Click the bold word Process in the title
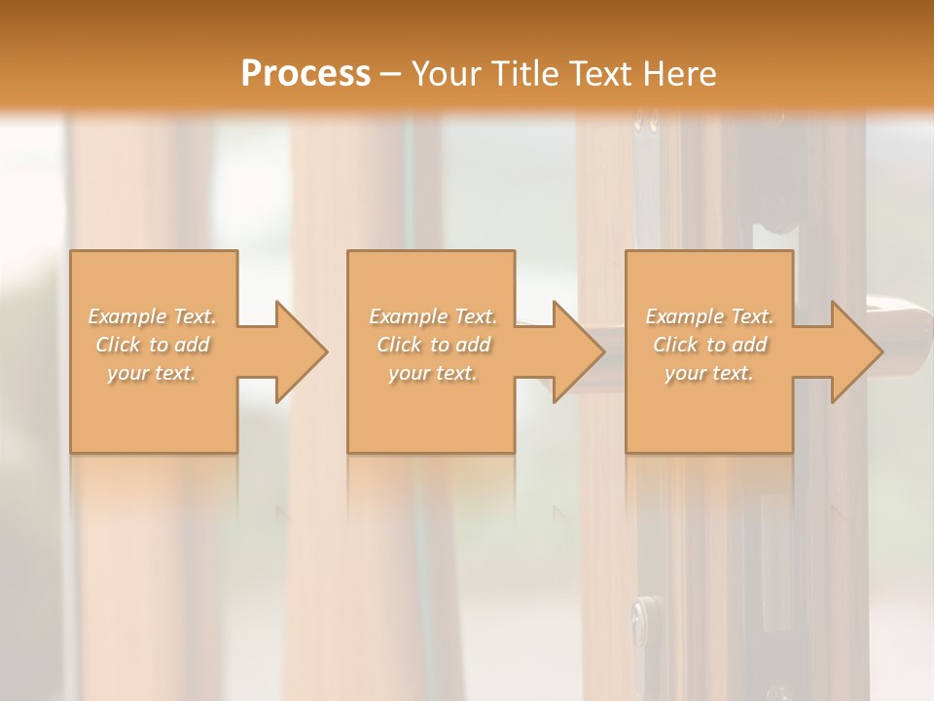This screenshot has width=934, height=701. point(305,73)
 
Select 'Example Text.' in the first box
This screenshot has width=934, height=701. point(153,316)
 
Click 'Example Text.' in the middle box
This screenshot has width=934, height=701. point(433,316)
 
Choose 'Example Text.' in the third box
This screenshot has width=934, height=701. point(709,316)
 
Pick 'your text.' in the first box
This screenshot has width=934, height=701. point(153,373)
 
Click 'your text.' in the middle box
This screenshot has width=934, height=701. point(433,373)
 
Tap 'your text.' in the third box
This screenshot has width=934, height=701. point(709,373)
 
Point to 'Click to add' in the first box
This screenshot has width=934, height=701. point(153,345)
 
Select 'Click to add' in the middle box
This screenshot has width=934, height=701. point(433,345)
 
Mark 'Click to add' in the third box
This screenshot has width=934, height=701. point(709,345)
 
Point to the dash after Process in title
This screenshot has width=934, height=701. point(390,74)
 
